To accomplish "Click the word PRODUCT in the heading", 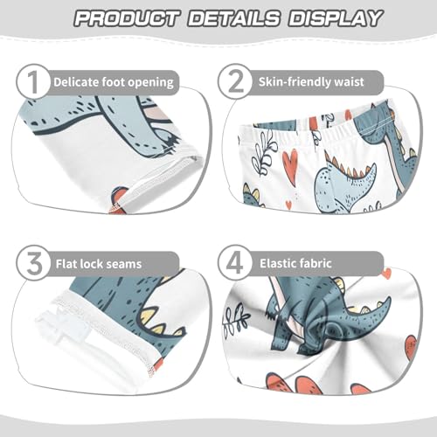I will [125, 17].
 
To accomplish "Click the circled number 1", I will [33, 83].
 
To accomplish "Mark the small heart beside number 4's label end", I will [385, 273].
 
